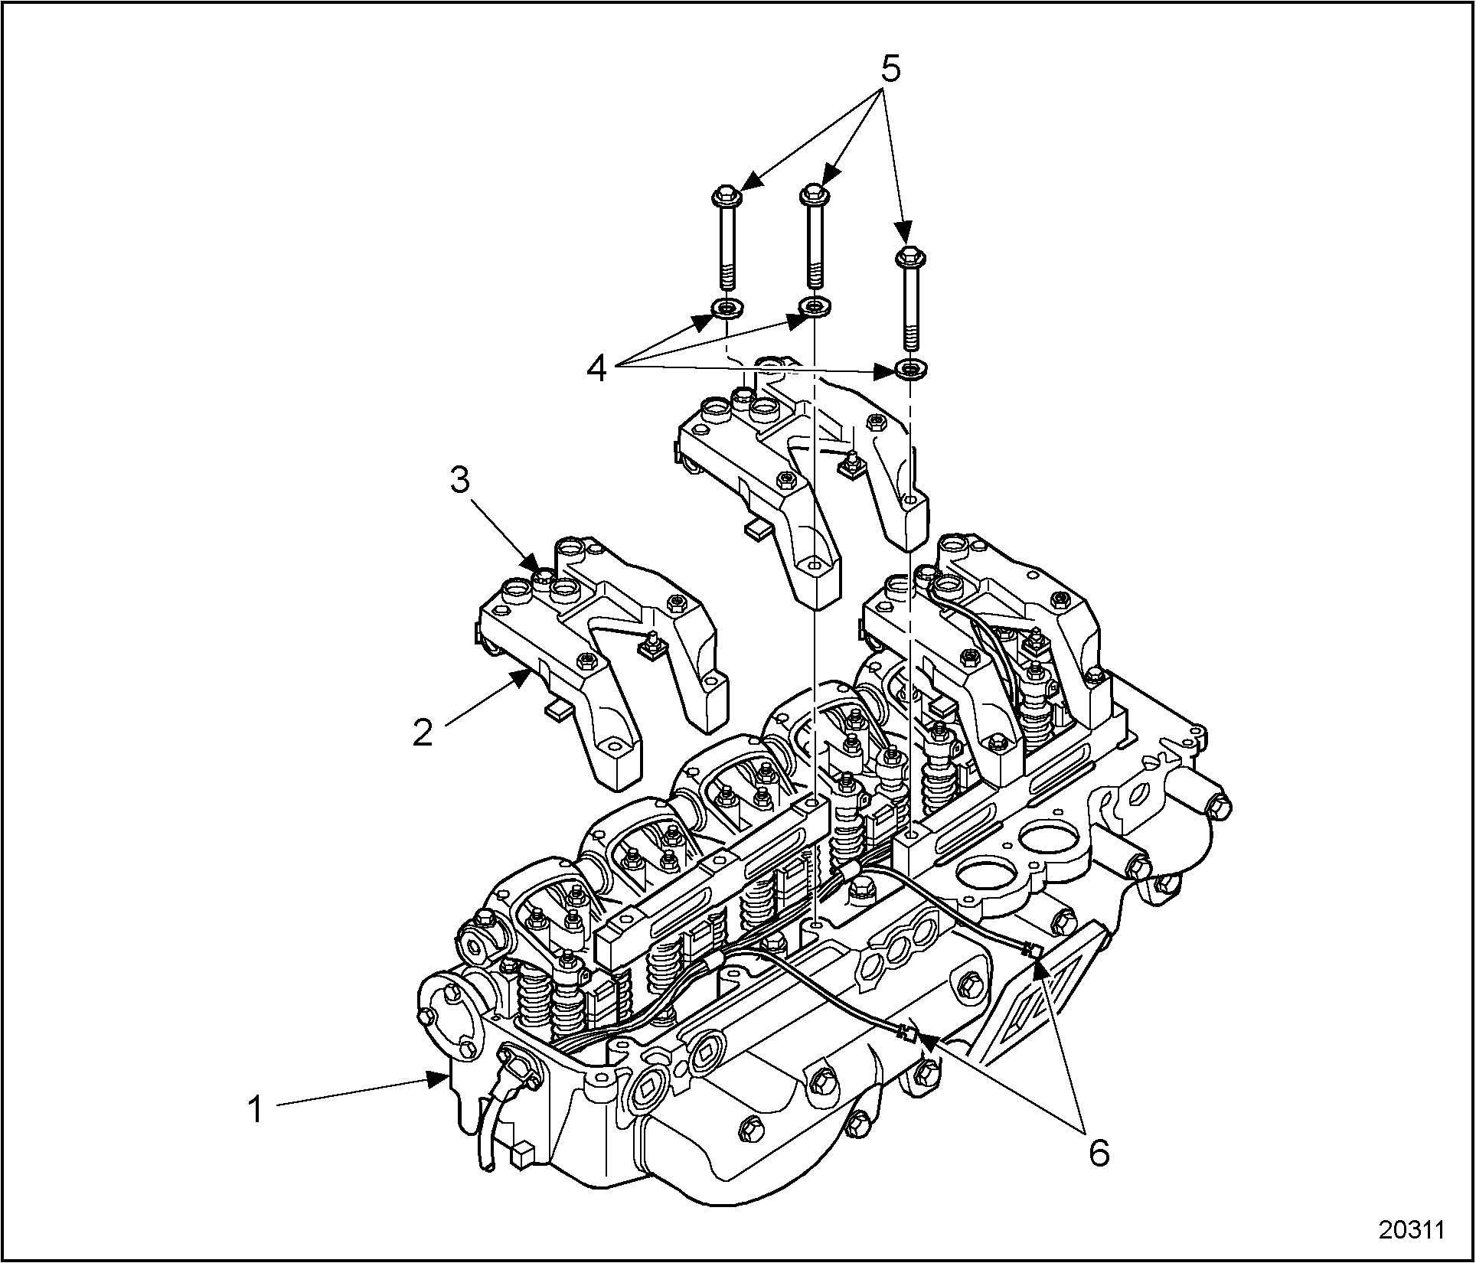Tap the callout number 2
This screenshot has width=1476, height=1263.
click(423, 731)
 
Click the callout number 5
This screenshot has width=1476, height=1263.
click(890, 70)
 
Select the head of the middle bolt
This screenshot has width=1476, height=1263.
click(813, 194)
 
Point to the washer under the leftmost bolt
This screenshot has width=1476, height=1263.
click(724, 308)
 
